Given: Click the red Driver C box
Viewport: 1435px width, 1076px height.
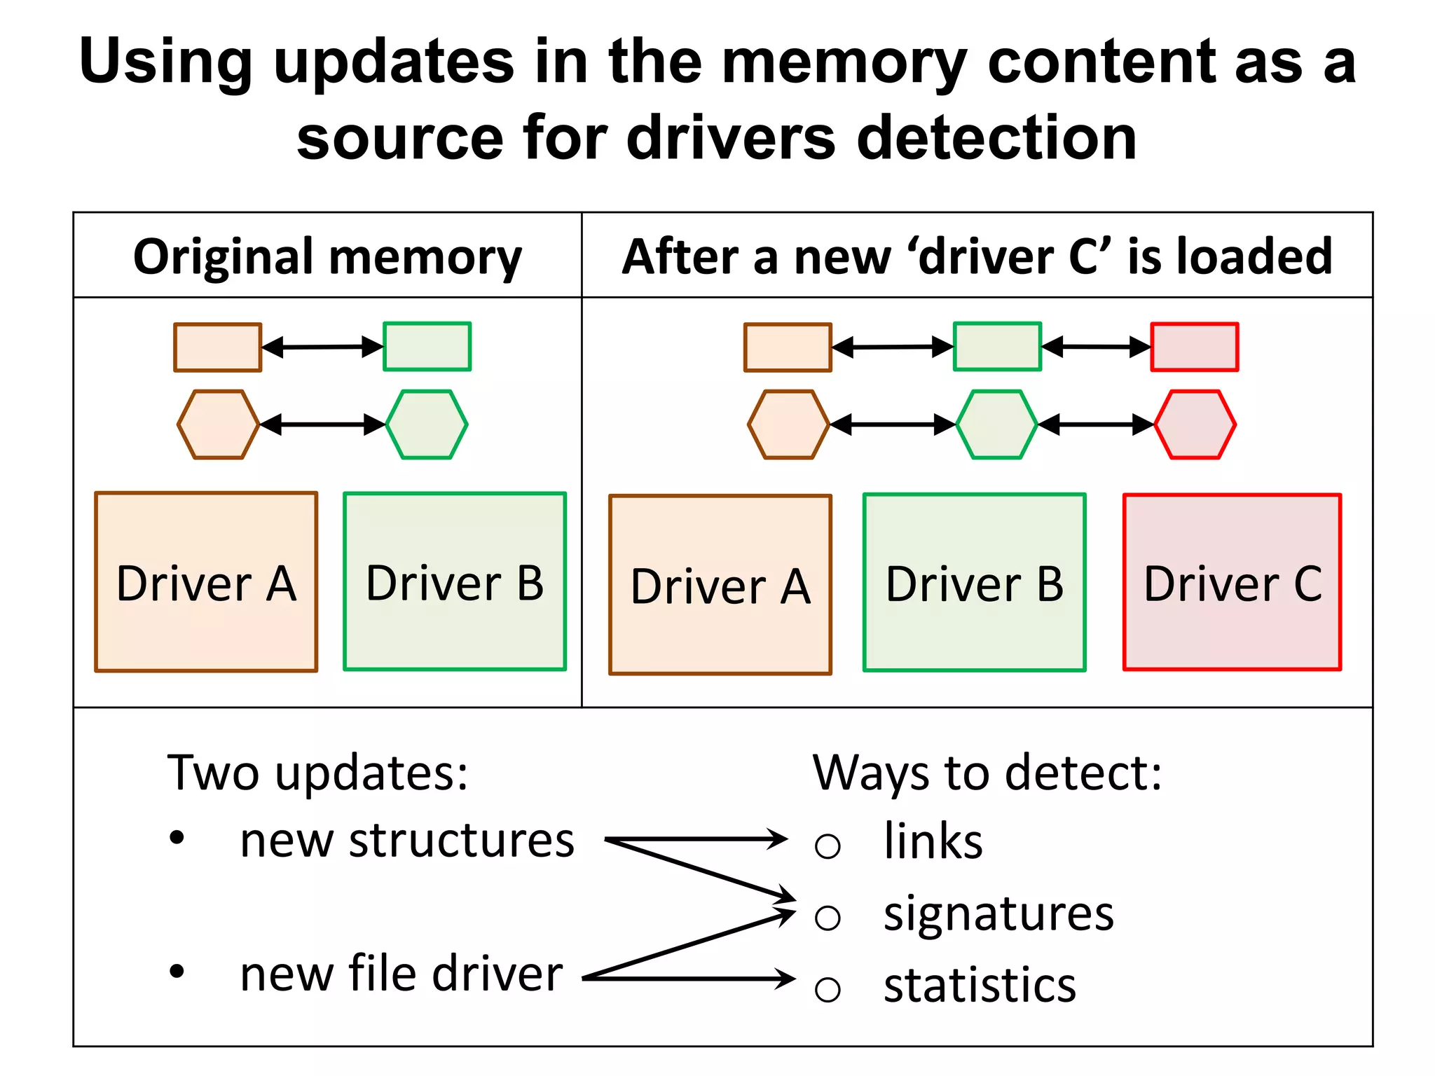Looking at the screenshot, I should point(1232,582).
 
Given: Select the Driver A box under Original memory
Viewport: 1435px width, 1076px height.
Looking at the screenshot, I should point(206,582).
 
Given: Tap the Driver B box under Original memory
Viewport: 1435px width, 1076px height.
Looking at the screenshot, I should point(454,581).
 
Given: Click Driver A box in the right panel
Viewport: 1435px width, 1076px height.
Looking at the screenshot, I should point(720,585).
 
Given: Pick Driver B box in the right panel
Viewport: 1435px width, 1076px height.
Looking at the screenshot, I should point(974,582).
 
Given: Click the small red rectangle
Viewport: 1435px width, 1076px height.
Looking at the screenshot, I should point(1195,347).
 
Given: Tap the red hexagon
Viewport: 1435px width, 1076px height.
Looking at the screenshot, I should point(1195,425).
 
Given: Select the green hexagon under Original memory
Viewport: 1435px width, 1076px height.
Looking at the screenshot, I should point(427,425).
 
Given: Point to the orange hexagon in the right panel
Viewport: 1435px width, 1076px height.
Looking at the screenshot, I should point(788,425).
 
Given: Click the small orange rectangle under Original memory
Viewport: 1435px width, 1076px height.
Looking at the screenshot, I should point(218,347).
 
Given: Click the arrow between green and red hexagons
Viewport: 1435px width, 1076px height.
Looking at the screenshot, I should point(1096,425).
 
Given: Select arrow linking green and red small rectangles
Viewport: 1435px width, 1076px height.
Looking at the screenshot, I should point(1096,347).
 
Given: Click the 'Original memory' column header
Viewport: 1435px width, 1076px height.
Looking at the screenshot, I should point(327,256).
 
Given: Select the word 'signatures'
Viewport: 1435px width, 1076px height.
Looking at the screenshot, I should point(998,913).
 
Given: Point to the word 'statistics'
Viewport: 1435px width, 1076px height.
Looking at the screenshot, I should point(979,986).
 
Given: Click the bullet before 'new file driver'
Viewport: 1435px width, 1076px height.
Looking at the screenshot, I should point(177,972).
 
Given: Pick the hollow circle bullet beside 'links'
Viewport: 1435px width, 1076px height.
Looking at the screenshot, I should point(828,846).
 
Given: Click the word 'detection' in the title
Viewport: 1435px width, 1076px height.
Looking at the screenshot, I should point(996,138).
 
